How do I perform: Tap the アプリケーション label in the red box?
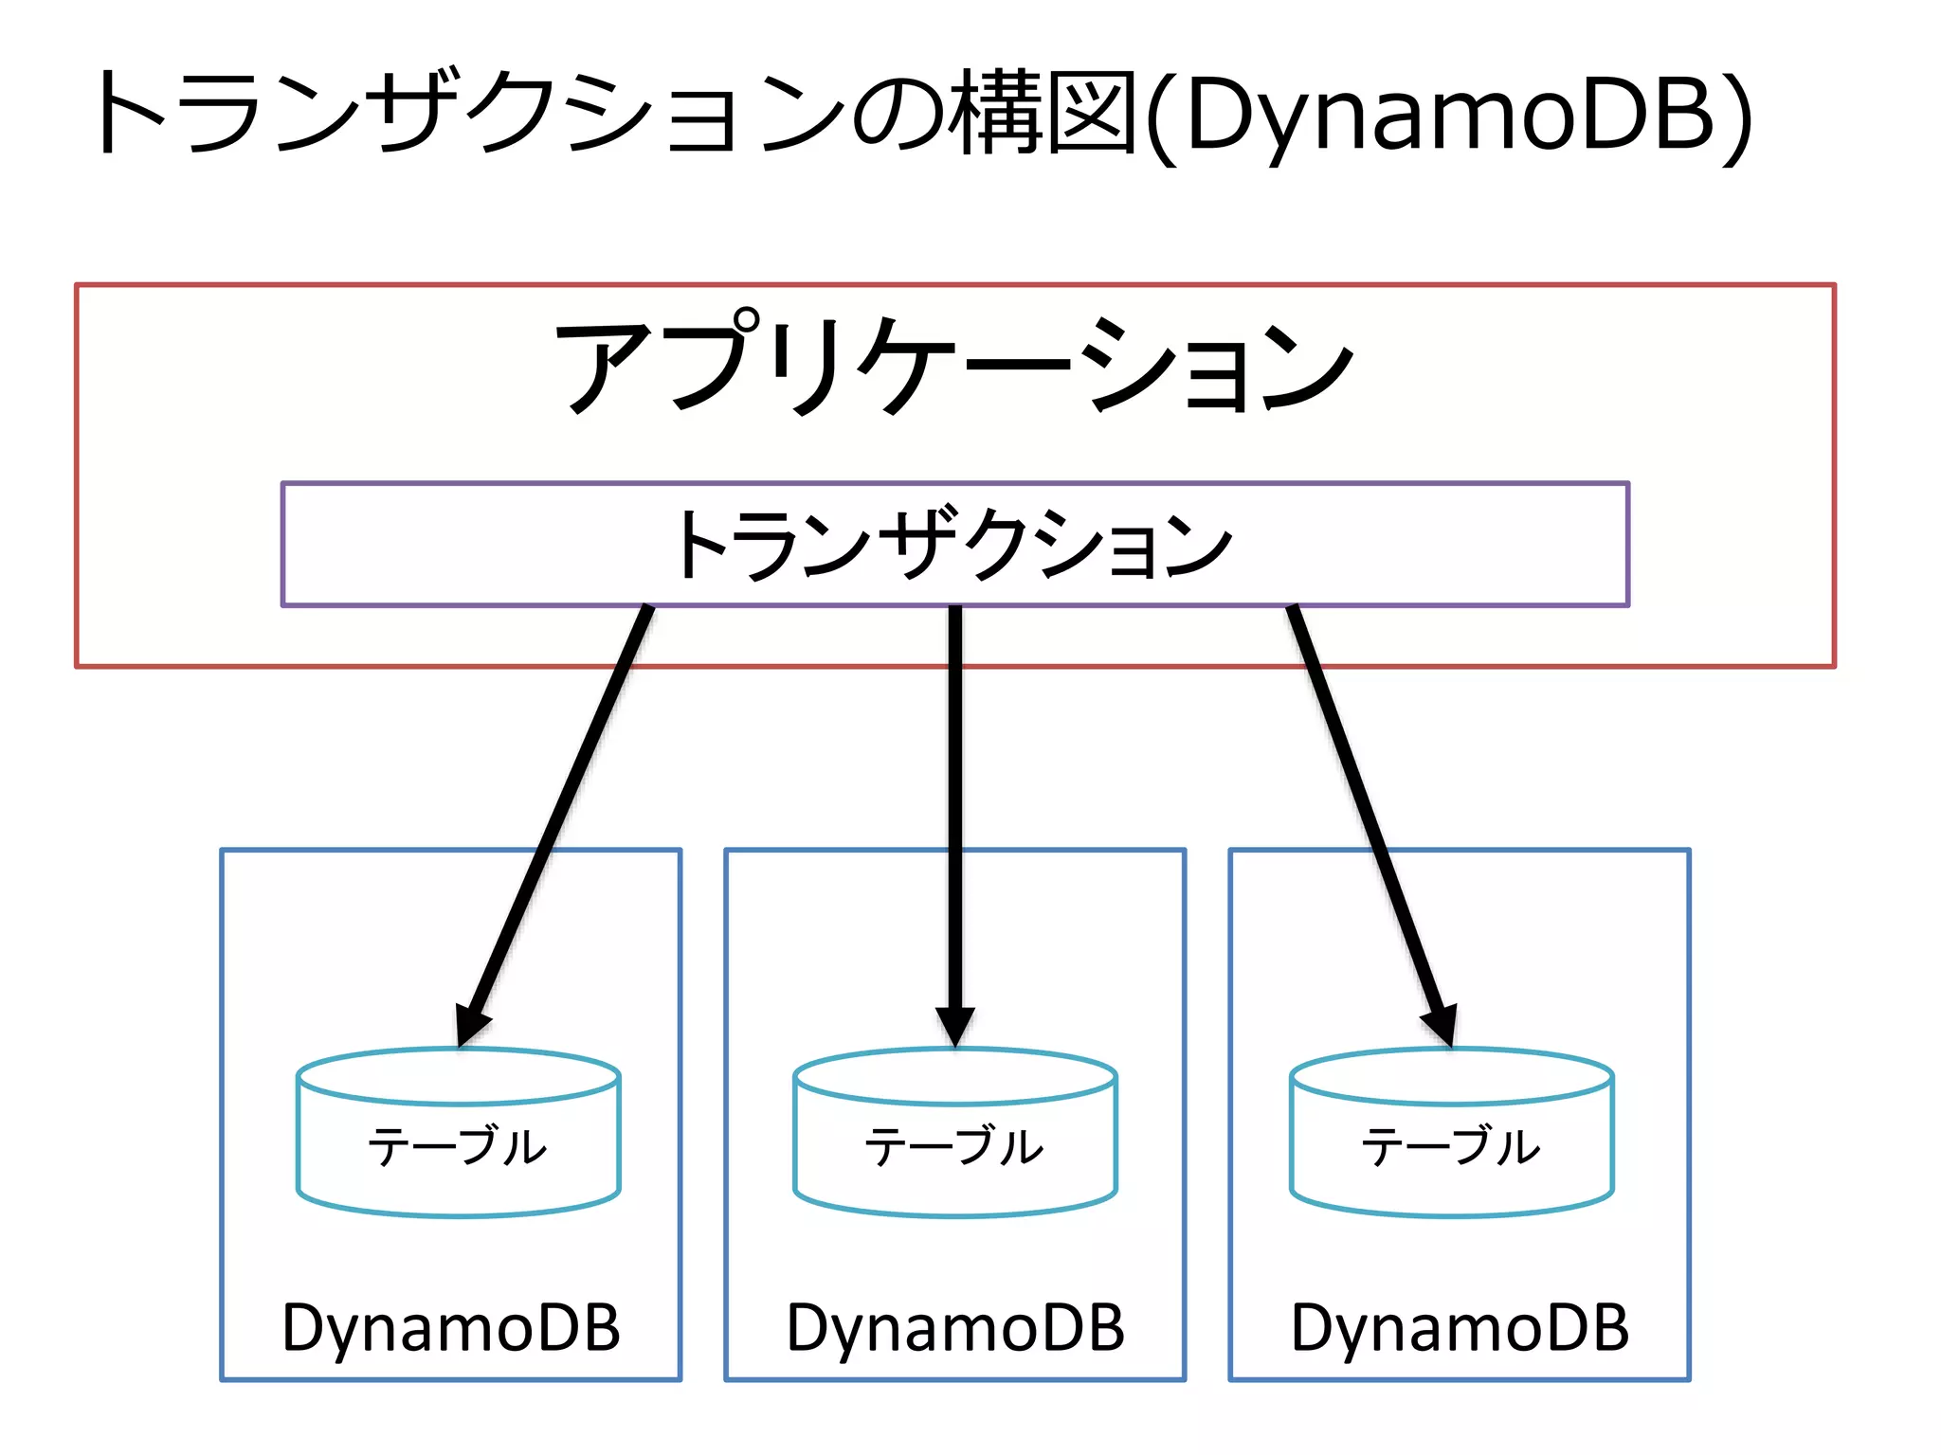[x=953, y=365]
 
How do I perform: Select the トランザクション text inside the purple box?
[x=953, y=544]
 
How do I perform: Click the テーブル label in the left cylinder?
[x=459, y=1146]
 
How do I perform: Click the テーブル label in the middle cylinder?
[x=954, y=1146]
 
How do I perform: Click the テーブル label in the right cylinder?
[x=1451, y=1146]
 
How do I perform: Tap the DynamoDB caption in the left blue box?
[x=451, y=1328]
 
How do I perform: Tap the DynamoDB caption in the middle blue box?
[x=955, y=1328]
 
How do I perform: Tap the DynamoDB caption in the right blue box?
[x=1460, y=1328]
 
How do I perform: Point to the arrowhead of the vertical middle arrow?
[x=955, y=1028]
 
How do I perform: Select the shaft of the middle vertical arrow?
[x=955, y=805]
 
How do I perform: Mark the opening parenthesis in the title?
[x=1162, y=118]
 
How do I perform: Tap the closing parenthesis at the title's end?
[x=1736, y=118]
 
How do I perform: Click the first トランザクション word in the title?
[x=469, y=114]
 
